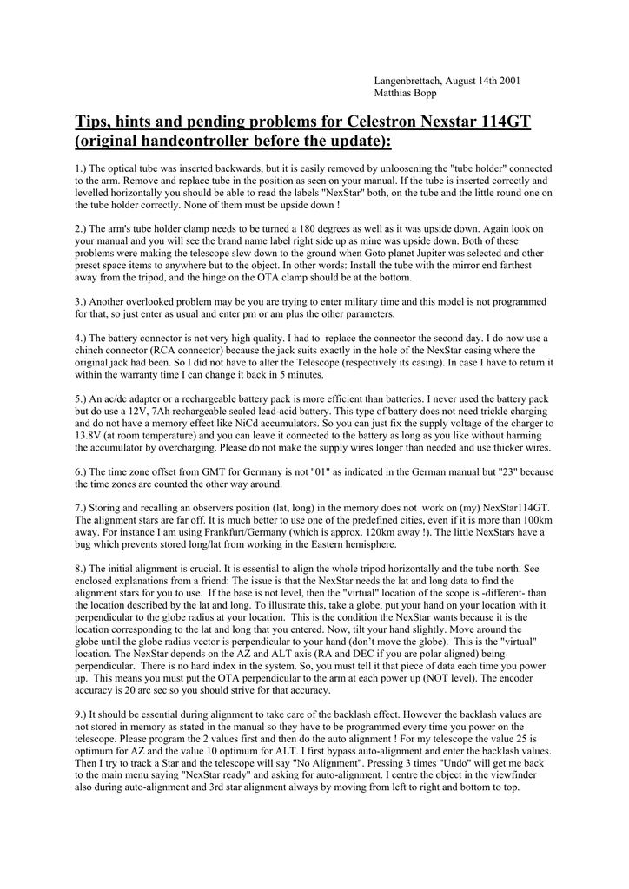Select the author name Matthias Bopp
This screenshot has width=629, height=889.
(x=406, y=93)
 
